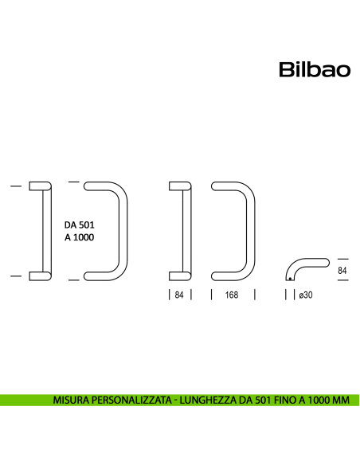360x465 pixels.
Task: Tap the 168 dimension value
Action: (x=232, y=295)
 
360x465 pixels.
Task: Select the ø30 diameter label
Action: (x=304, y=295)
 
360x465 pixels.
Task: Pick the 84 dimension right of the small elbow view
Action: (x=342, y=272)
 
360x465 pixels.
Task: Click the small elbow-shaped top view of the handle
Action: (x=307, y=268)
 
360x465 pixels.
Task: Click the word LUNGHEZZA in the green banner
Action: (x=203, y=399)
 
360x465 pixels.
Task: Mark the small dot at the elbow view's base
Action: (x=289, y=279)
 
